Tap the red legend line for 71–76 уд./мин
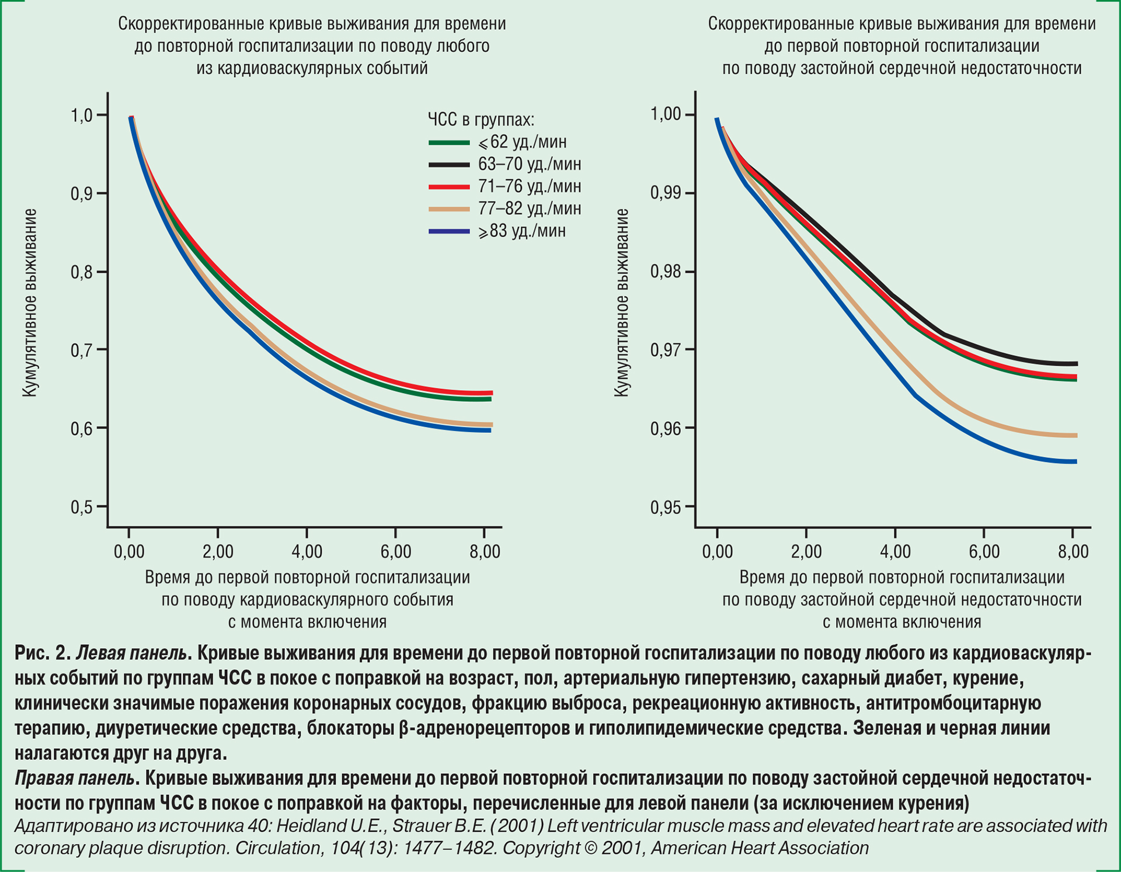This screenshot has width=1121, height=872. tap(449, 187)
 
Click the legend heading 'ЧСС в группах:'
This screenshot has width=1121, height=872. tap(481, 120)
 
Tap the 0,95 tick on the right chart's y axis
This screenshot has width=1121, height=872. tap(666, 507)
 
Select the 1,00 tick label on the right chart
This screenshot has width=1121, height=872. tap(666, 114)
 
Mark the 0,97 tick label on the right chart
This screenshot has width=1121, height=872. tap(666, 350)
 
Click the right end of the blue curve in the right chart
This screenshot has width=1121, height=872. tap(1075, 462)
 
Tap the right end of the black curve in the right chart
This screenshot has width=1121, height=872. tap(1075, 364)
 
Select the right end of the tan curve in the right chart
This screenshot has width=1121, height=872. tap(1075, 436)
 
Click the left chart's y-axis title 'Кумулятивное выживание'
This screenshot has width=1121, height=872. tap(30, 303)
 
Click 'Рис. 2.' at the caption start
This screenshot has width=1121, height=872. tap(43, 653)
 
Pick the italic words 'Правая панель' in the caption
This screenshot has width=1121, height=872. tap(75, 779)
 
